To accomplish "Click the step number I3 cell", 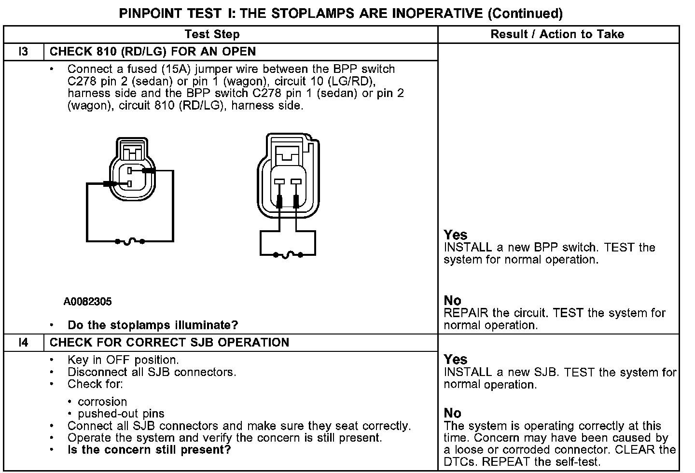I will click(23, 52).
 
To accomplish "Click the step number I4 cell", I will click(23, 343).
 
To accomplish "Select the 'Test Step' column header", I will click(212, 34).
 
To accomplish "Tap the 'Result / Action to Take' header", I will click(557, 34).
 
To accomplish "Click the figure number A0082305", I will click(87, 302).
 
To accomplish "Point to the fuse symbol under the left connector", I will click(129, 241).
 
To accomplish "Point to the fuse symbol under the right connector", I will click(288, 254).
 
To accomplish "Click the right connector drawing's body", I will click(288, 179).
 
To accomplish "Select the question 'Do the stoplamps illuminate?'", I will click(153, 325).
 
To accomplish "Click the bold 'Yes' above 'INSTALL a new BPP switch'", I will click(456, 235).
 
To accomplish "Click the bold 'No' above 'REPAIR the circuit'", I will click(452, 301).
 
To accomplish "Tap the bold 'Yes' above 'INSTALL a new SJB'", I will click(456, 360).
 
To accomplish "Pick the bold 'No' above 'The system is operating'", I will click(452, 413).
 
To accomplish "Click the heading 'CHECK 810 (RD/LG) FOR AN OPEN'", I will click(153, 52).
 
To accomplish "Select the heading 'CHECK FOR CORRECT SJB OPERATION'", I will click(169, 343).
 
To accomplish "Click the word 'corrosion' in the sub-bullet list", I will click(102, 402).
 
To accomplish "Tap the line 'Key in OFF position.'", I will click(123, 360).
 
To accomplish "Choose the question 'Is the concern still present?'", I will click(149, 450).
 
